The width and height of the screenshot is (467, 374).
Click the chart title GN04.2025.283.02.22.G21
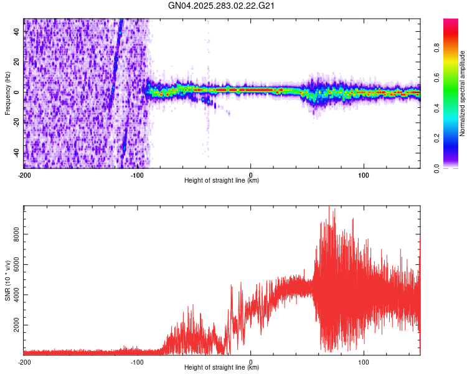click(222, 6)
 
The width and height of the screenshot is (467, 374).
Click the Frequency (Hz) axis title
click(7, 93)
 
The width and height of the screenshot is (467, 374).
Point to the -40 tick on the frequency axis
click(16, 153)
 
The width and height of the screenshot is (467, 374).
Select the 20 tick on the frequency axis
click(17, 62)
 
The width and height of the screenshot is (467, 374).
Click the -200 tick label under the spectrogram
click(24, 175)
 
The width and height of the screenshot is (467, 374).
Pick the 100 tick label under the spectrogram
click(364, 175)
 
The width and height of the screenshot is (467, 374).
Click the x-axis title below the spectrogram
click(222, 181)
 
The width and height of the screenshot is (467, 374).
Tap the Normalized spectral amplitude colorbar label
click(462, 94)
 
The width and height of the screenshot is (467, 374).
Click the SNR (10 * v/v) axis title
click(7, 280)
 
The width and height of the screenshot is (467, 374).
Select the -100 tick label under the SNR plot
click(137, 362)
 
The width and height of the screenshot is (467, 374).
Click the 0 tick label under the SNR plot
click(250, 362)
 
